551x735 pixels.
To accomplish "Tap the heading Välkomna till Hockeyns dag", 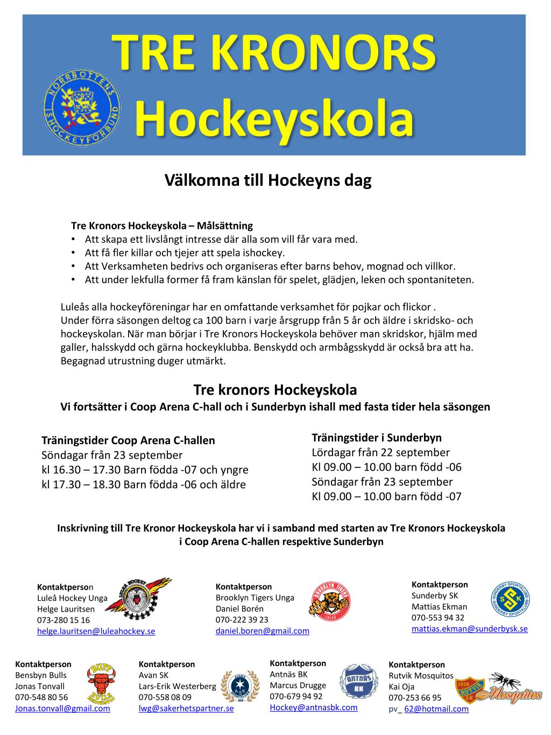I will click(267, 181).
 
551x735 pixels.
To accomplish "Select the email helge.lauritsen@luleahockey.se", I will click(96, 631).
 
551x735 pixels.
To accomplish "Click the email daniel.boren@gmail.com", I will click(262, 631).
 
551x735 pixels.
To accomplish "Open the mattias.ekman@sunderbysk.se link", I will click(469, 628).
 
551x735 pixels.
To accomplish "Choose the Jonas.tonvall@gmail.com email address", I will click(62, 709).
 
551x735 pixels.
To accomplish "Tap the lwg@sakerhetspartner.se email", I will click(186, 709).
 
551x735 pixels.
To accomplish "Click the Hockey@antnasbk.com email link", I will click(313, 707).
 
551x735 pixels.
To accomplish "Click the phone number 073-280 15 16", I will click(63, 620).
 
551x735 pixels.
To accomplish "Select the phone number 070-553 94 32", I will click(437, 618).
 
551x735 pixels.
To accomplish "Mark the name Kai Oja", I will click(402, 687).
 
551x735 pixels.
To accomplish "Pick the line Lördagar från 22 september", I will click(380, 452).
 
